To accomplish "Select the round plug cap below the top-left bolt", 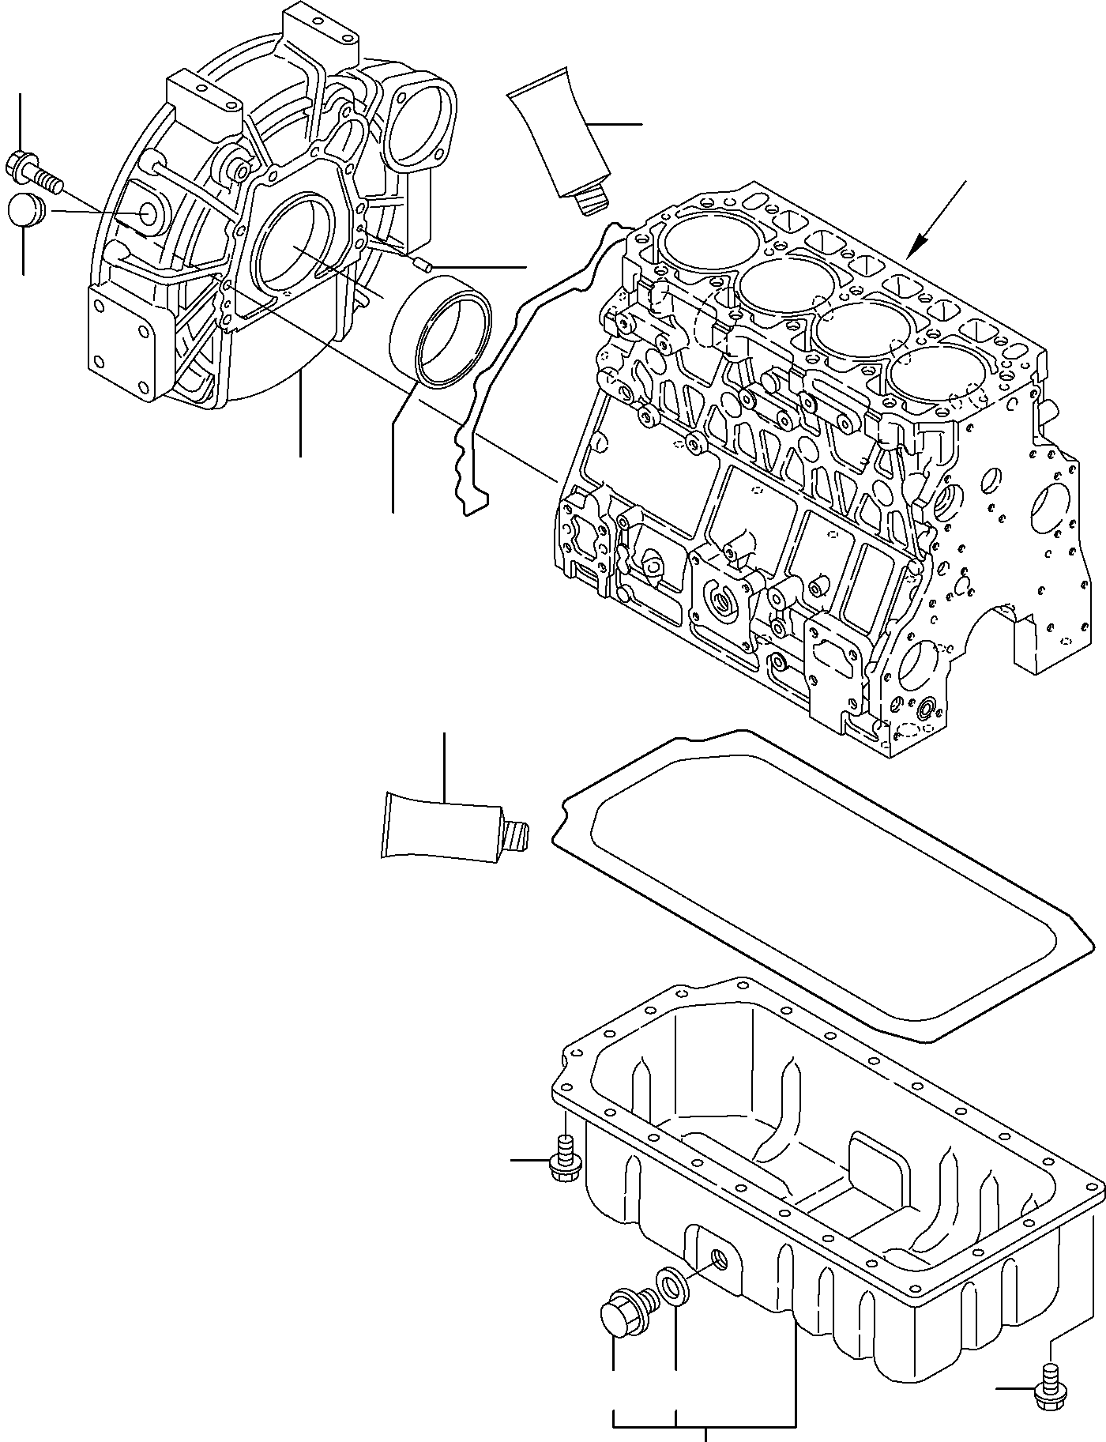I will click(x=23, y=212).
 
